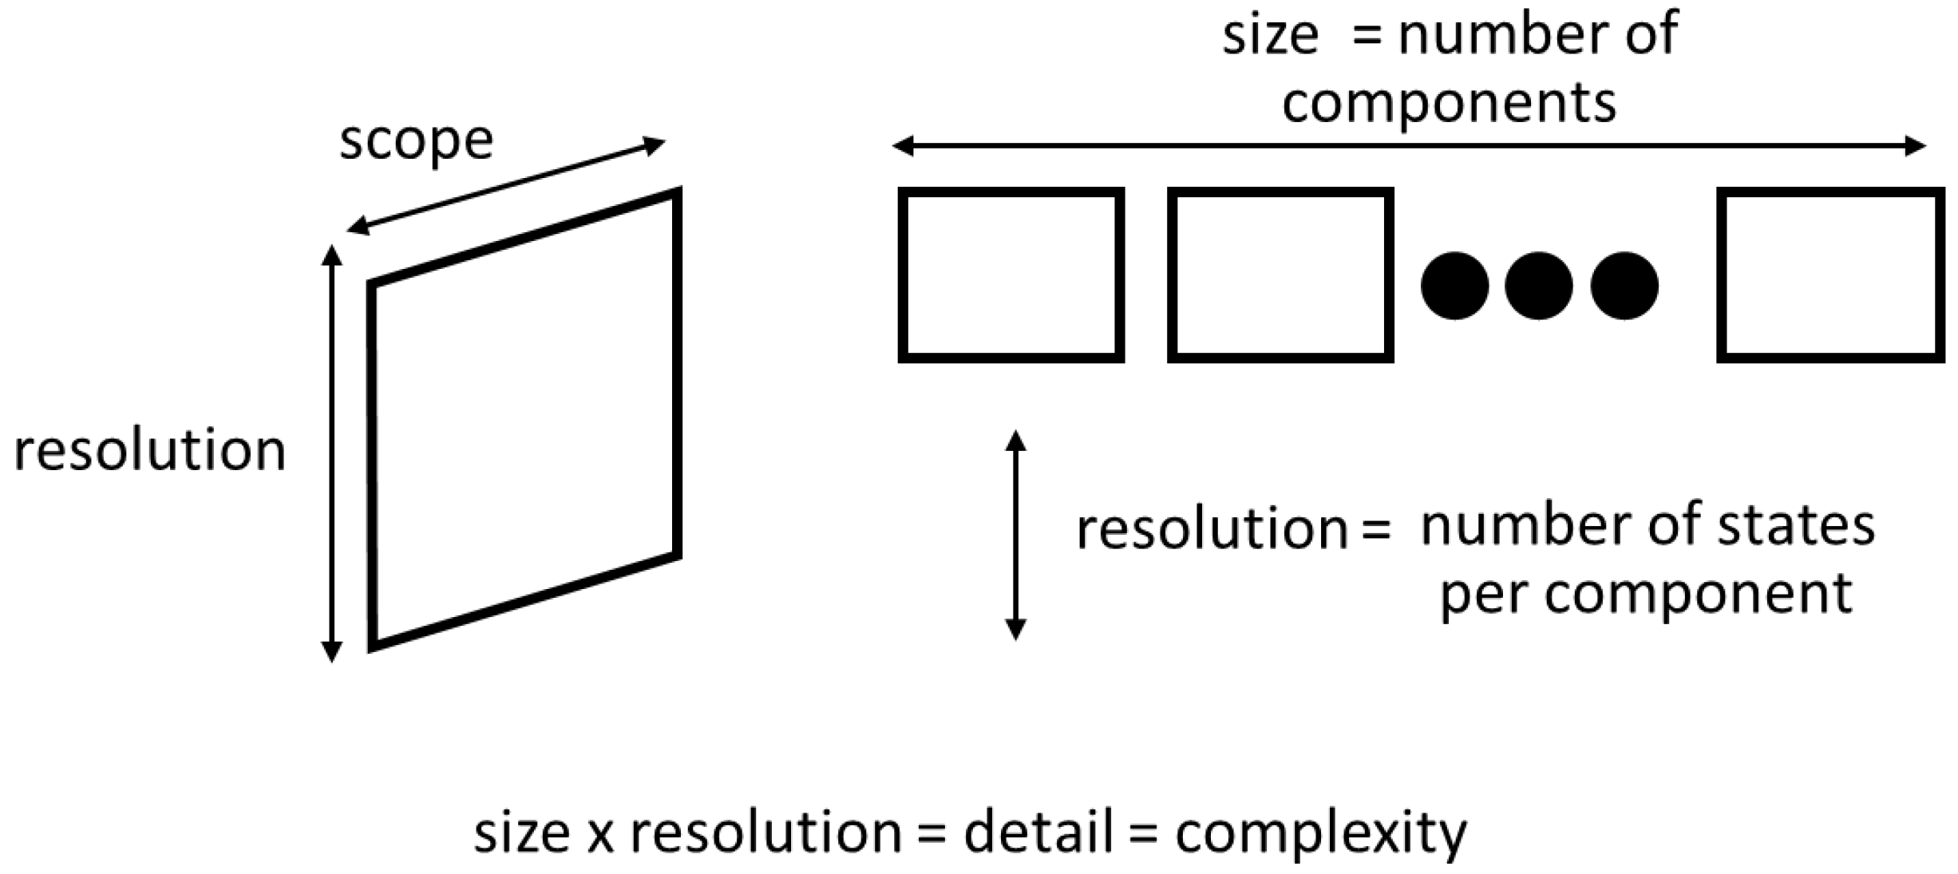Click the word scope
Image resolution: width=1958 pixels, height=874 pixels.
tap(416, 141)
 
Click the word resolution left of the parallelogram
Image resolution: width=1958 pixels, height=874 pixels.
tap(150, 450)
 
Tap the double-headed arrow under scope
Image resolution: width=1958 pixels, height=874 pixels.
tap(506, 187)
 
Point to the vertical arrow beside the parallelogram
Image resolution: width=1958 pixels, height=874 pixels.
tap(331, 454)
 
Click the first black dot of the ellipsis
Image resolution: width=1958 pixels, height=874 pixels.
tap(1454, 286)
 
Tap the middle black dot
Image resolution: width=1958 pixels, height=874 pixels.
tap(1539, 286)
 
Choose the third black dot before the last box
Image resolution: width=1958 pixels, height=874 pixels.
tap(1624, 286)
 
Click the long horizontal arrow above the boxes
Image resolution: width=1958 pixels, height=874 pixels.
tap(1408, 146)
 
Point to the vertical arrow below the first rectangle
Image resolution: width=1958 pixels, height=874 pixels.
tap(1015, 535)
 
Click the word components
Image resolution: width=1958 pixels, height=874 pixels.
tap(1449, 103)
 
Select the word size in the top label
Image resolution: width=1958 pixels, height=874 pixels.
tap(1270, 36)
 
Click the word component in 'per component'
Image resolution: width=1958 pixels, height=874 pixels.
tap(1698, 595)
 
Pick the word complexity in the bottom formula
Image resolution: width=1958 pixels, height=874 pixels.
tap(1321, 834)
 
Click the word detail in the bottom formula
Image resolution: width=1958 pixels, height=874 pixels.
tap(1038, 832)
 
